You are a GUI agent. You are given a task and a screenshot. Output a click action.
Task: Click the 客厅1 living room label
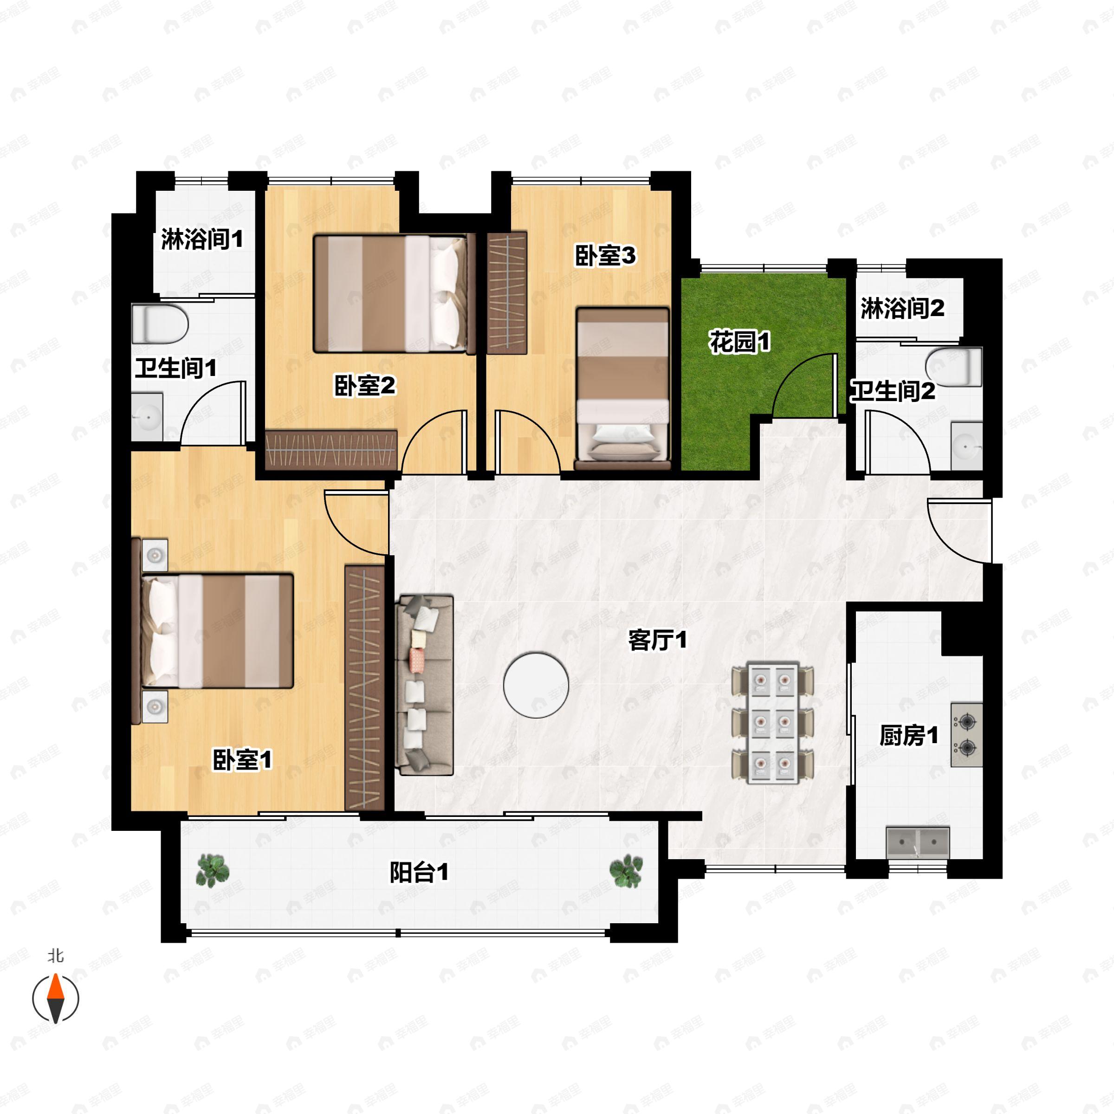(657, 640)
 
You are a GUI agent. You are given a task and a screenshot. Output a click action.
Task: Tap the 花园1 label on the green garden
(740, 343)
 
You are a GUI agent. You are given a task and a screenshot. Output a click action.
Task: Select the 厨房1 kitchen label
(908, 736)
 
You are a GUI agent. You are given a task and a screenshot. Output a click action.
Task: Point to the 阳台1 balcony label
(419, 873)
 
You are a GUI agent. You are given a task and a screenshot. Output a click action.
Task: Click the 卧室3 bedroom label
(605, 255)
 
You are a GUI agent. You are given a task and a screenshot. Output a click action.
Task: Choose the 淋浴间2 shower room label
(902, 309)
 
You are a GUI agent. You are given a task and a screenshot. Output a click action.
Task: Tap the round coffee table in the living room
(536, 685)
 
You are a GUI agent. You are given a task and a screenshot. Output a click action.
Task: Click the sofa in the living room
(425, 685)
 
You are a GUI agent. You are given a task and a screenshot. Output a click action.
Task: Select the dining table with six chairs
(773, 724)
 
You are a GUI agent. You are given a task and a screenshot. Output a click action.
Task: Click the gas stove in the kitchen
(966, 735)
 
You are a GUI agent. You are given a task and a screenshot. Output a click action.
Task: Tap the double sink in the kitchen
(917, 842)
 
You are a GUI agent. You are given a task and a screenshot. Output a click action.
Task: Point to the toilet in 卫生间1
(160, 324)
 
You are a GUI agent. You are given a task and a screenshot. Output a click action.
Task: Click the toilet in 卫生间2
(954, 367)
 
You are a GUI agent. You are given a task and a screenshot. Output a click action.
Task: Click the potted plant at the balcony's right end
(626, 871)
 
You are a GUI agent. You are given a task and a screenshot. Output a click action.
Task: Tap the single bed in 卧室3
(623, 385)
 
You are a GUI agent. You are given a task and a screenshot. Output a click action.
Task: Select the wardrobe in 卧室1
(364, 688)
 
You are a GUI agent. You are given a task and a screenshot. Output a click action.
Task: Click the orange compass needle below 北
(55, 987)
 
